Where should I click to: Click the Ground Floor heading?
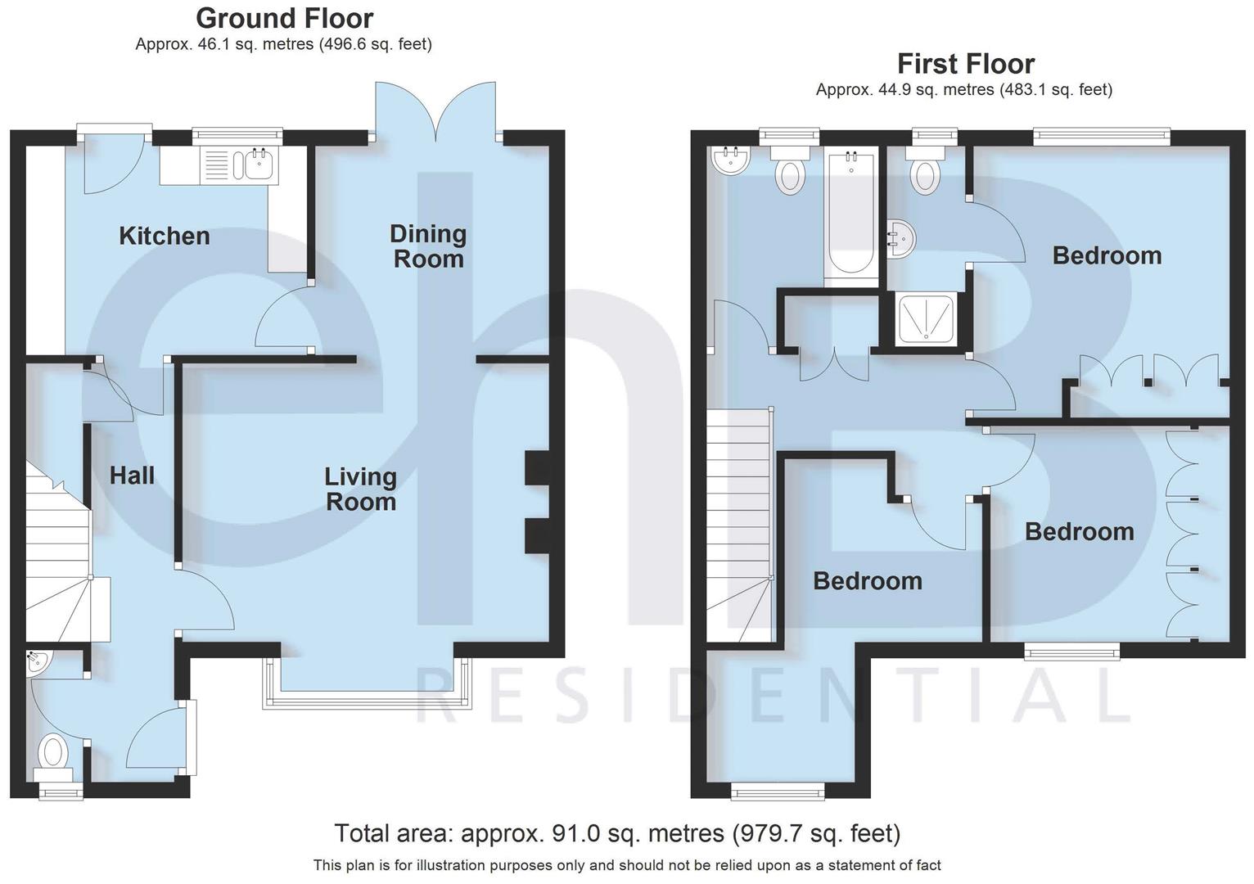[x=284, y=18]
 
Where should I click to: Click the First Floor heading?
[x=965, y=64]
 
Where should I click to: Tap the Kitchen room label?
[x=165, y=237]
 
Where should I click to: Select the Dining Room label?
[x=427, y=246]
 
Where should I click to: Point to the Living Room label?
[x=360, y=489]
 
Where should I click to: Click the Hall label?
[x=132, y=476]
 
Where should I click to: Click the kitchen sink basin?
[x=258, y=165]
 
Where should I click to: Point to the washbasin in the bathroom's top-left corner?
[x=731, y=161]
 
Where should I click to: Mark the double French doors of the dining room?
[x=435, y=110]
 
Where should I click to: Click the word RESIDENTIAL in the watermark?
[x=774, y=696]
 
